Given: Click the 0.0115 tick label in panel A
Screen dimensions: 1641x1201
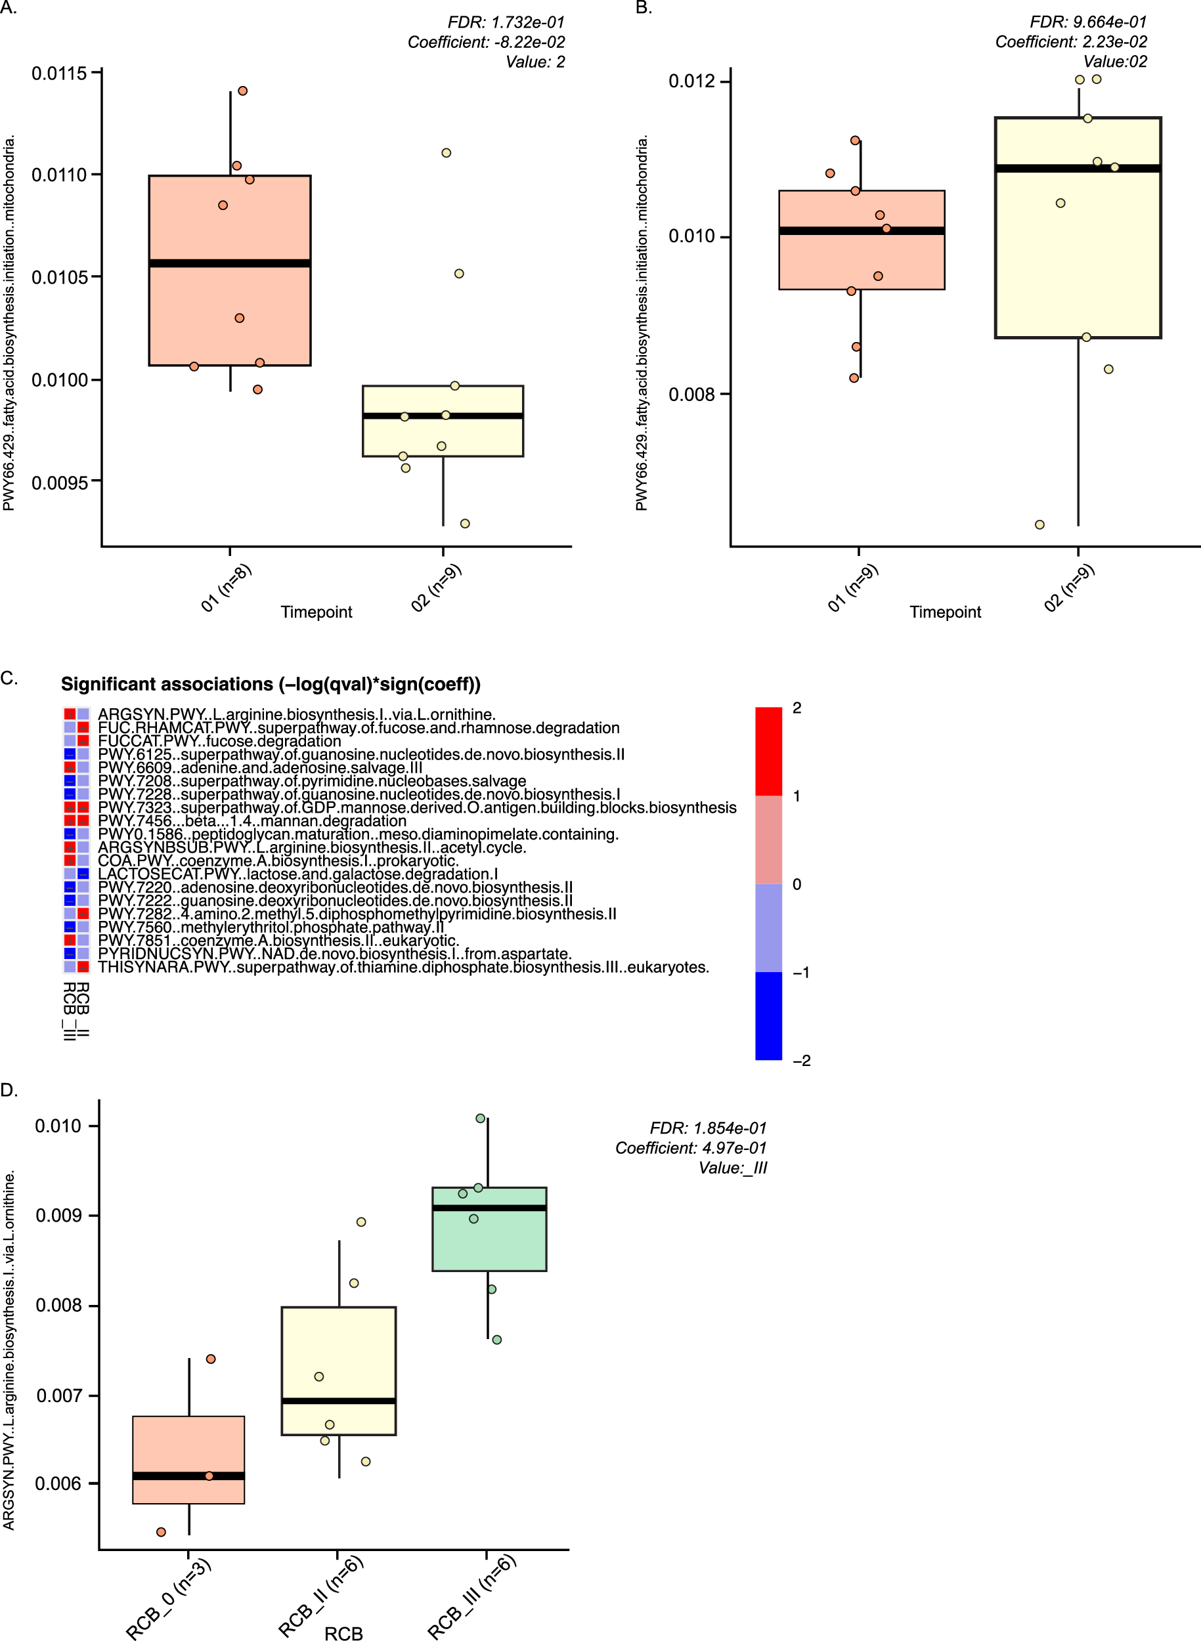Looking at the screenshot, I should (58, 74).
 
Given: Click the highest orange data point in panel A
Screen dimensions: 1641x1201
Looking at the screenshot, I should (243, 91).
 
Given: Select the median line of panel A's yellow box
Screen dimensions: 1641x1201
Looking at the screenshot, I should (443, 416).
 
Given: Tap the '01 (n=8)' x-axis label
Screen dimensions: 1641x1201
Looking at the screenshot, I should (226, 588).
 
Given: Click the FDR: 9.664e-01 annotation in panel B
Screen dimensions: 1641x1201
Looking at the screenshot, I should (1087, 22).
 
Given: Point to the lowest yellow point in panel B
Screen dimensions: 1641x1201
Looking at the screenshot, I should (1039, 524).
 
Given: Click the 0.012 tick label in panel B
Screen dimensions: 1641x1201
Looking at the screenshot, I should (691, 81).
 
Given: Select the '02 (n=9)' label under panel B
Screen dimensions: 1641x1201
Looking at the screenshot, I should (1069, 588).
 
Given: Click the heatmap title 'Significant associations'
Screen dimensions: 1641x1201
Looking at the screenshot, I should (271, 684).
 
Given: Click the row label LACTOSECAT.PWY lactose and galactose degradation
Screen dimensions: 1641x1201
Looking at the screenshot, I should (298, 874).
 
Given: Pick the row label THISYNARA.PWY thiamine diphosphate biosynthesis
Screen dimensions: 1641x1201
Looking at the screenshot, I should (403, 968).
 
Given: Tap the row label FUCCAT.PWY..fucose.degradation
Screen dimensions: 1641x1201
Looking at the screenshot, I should (219, 740).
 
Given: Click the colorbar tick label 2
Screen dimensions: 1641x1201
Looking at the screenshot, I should (797, 708).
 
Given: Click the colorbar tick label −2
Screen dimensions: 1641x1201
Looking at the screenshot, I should (801, 1060).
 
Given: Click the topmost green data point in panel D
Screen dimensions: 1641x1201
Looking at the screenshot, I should (481, 1119).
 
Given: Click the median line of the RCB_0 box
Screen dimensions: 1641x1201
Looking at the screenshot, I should (189, 1476).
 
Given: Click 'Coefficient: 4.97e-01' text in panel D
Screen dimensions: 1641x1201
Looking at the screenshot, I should (691, 1148).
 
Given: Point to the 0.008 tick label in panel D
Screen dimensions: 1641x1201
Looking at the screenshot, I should (58, 1306).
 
